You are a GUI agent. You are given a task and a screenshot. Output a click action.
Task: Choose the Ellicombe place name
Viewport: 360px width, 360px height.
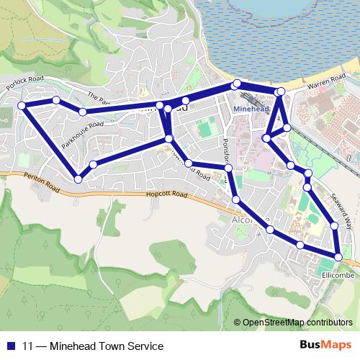(x=336, y=274)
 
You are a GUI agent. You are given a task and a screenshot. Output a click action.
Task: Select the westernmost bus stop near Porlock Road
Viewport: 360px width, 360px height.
(x=22, y=106)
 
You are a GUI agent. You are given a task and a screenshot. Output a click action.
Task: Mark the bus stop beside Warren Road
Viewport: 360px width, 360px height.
(x=280, y=91)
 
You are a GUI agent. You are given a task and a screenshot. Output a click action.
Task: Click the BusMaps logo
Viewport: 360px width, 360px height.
(x=328, y=345)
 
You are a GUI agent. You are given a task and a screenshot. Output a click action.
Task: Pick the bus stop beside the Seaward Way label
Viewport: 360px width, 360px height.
(x=334, y=227)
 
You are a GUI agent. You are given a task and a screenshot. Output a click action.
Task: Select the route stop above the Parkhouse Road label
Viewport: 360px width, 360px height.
(x=83, y=112)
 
